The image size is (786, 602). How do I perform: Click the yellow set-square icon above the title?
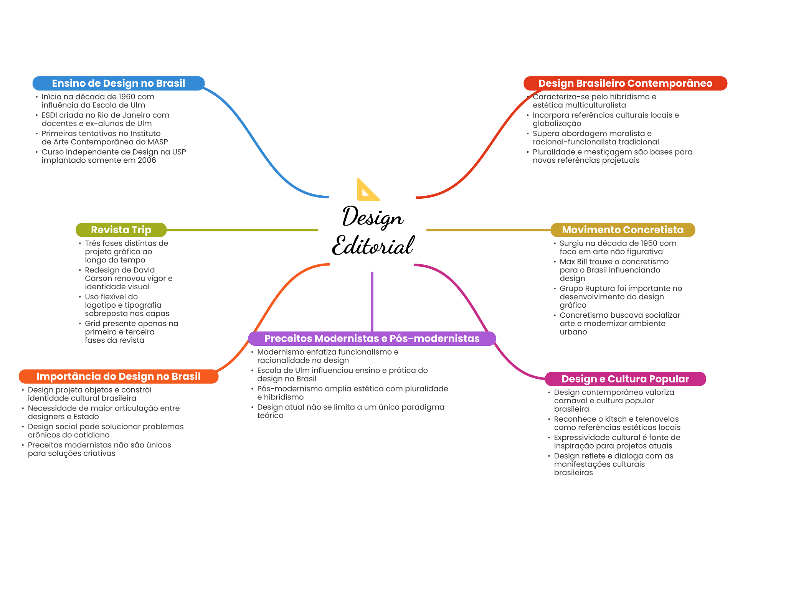368,190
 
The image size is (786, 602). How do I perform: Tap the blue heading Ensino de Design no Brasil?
118,83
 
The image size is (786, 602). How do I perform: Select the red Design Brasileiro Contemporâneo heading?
625,83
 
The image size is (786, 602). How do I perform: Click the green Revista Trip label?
121,230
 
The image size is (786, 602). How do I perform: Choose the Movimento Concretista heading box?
623,230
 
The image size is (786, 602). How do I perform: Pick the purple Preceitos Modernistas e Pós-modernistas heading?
372,338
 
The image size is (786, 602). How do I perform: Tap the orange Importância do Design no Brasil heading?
118,376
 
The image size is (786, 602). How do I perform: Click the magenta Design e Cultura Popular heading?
625,379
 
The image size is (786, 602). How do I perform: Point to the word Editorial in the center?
373,246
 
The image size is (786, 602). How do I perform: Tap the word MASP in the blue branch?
158,142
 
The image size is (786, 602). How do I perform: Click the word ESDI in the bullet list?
49,115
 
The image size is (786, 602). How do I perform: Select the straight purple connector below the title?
372,301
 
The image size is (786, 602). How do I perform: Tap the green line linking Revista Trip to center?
242,230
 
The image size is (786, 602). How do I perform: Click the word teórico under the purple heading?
270,416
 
